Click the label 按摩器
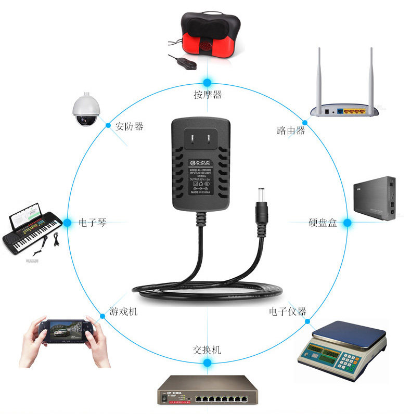[x=208, y=95]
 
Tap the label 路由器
[x=291, y=131]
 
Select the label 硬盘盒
[x=323, y=223]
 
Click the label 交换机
[x=207, y=350]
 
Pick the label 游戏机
[x=123, y=312]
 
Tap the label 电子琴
[x=93, y=223]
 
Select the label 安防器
[x=130, y=126]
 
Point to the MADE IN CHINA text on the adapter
[x=201, y=192]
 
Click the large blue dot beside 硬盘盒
[x=348, y=223]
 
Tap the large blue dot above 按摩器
[x=208, y=82]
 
